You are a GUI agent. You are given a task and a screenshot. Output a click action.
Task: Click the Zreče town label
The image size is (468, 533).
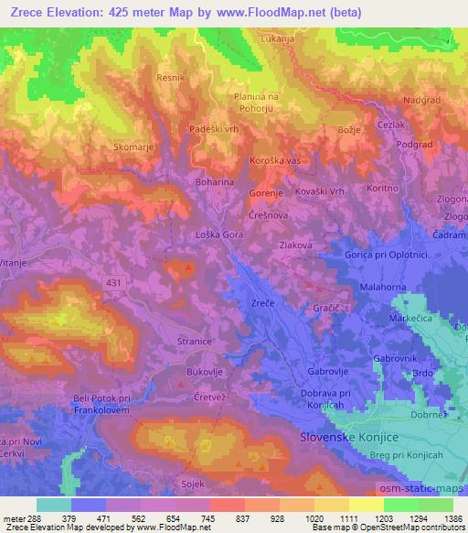263,303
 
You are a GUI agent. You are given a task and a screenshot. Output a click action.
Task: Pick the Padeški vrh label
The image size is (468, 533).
214,130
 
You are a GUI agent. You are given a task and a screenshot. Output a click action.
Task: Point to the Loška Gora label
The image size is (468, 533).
218,235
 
